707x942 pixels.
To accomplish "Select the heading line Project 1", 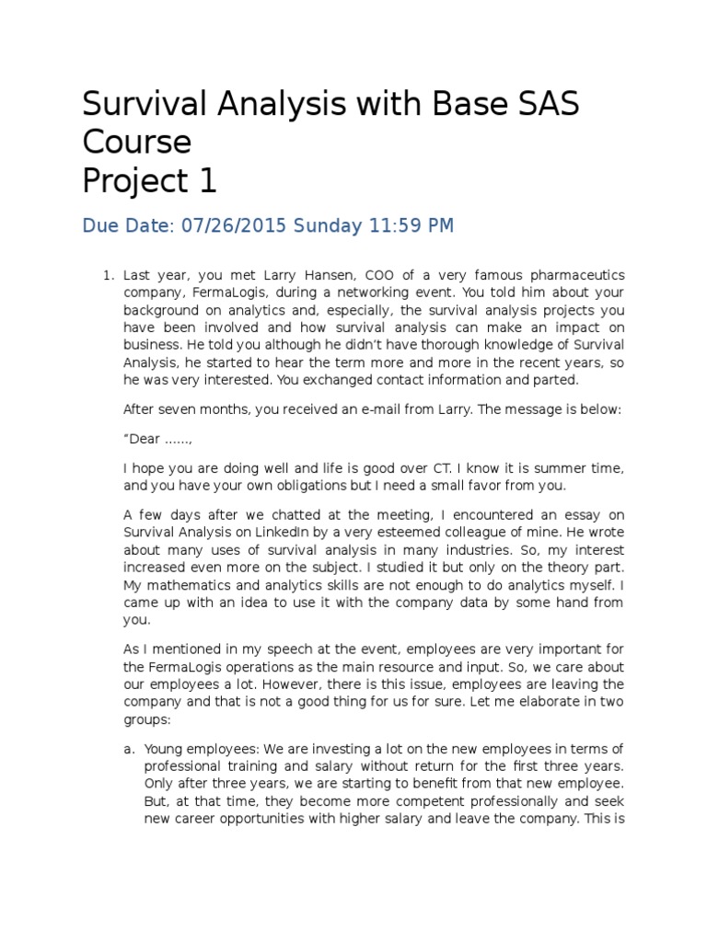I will (149, 181).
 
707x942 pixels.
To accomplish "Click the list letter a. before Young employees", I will (129, 750).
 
